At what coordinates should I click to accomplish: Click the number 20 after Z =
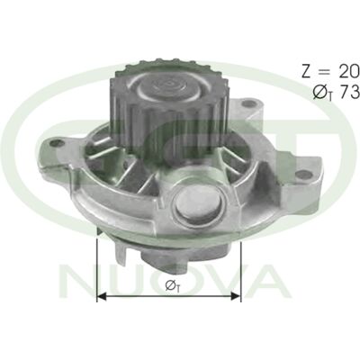pyautogui.click(x=349, y=72)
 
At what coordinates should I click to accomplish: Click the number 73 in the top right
pyautogui.click(x=349, y=92)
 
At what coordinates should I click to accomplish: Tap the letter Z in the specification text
pyautogui.click(x=307, y=72)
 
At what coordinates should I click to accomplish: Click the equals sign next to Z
pyautogui.click(x=325, y=72)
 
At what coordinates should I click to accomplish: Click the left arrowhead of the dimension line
pyautogui.click(x=102, y=297)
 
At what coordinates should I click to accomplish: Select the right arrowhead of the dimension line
pyautogui.click(x=236, y=297)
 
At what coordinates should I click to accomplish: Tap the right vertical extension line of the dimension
pyautogui.click(x=240, y=272)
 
